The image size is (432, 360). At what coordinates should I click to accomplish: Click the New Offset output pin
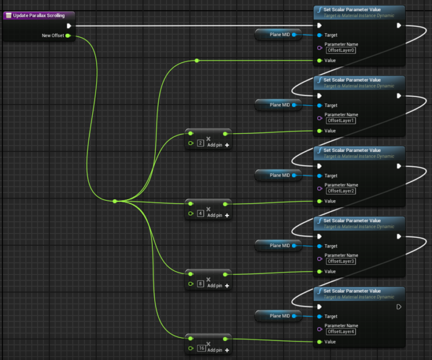pyautogui.click(x=67, y=35)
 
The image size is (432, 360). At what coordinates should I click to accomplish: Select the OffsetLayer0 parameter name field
pyautogui.click(x=341, y=51)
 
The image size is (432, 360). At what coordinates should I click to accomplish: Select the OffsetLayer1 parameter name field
pyautogui.click(x=341, y=121)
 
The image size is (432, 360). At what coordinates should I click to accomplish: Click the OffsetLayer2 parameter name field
pyautogui.click(x=341, y=191)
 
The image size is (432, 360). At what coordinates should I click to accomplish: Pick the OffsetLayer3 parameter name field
pyautogui.click(x=341, y=262)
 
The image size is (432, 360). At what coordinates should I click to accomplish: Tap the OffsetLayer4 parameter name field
pyautogui.click(x=341, y=332)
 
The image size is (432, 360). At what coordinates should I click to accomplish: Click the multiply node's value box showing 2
pyautogui.click(x=200, y=144)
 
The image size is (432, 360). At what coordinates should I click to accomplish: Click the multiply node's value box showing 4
pyautogui.click(x=200, y=214)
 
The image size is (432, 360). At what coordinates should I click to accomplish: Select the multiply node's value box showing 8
pyautogui.click(x=200, y=285)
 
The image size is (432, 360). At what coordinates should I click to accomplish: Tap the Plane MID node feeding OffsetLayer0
pyautogui.click(x=280, y=35)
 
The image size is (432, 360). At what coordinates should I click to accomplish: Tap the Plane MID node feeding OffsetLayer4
pyautogui.click(x=280, y=316)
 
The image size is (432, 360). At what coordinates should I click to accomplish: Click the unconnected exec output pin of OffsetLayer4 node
pyautogui.click(x=399, y=307)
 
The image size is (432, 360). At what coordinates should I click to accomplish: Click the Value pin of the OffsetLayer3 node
pyautogui.click(x=319, y=272)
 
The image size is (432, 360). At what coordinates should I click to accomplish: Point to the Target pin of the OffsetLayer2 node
pyautogui.click(x=319, y=175)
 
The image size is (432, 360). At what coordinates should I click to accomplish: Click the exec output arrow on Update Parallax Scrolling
pyautogui.click(x=69, y=25)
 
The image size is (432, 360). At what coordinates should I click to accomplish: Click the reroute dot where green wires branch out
pyautogui.click(x=115, y=201)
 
